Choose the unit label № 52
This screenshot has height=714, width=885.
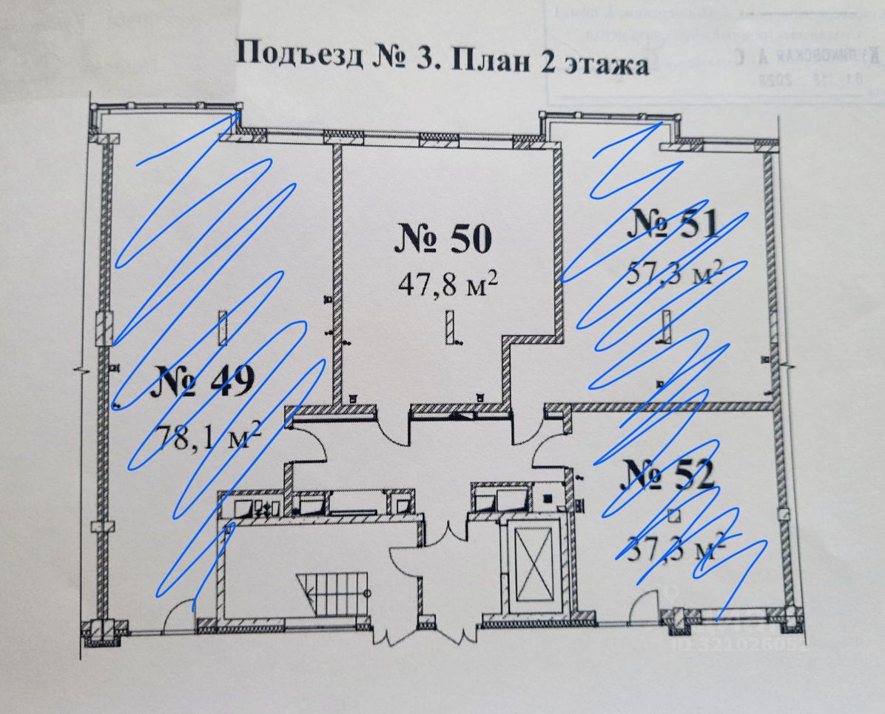tap(668, 474)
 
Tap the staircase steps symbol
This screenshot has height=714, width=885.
tap(330, 590)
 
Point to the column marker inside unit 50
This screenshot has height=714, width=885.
tap(450, 327)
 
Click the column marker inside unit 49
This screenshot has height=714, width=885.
tap(222, 327)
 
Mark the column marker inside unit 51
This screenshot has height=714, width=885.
tap(665, 327)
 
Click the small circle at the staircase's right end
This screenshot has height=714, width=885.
tap(367, 594)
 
